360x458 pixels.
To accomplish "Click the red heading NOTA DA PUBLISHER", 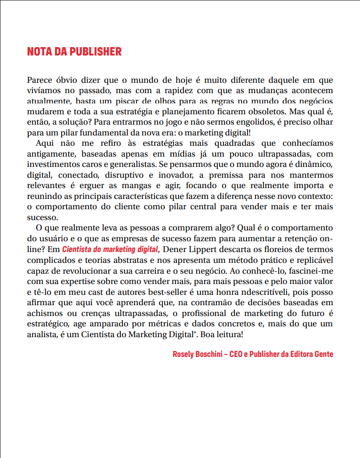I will [74, 51].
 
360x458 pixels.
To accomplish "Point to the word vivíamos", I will [44, 90].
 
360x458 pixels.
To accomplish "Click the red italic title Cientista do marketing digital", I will [111, 249].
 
